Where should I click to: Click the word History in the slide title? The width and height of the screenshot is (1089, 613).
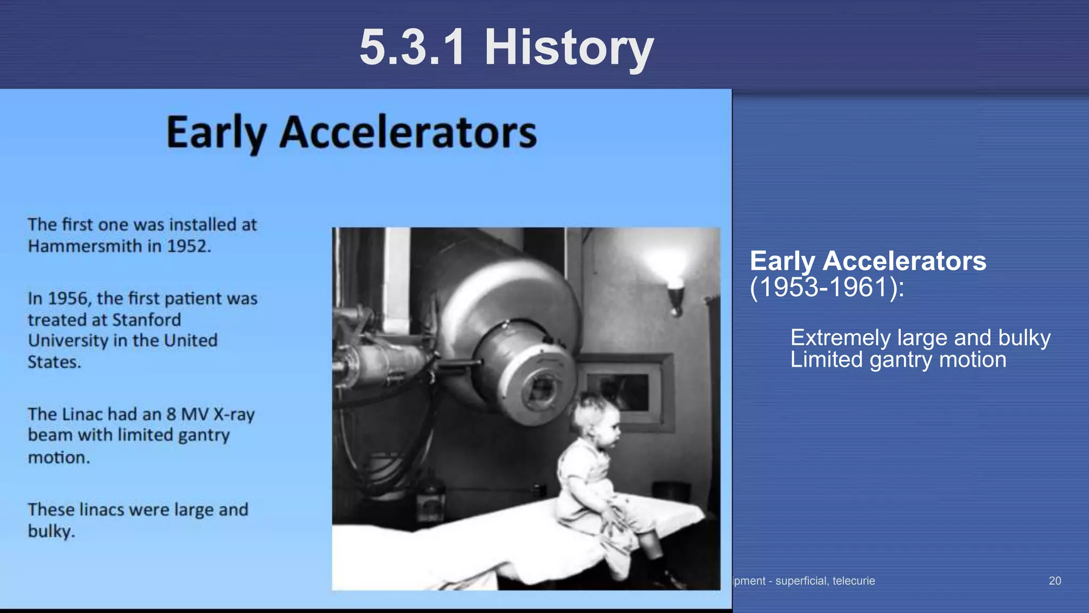(568, 48)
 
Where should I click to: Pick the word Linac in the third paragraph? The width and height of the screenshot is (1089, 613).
(82, 414)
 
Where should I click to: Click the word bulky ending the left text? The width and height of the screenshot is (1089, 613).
(51, 531)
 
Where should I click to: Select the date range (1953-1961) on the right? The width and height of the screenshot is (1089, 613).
(826, 288)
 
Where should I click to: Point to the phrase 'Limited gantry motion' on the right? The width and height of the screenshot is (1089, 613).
(898, 360)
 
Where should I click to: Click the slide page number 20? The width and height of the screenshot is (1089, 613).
(1055, 581)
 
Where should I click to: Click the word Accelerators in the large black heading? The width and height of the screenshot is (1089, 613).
(408, 132)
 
